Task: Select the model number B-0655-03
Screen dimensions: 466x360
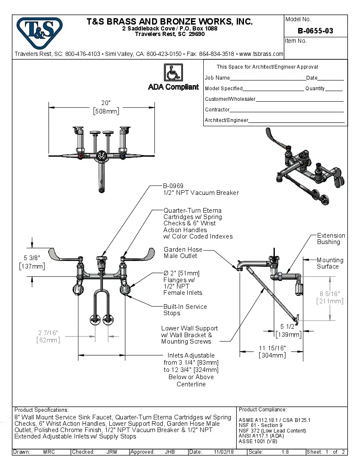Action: point(315,31)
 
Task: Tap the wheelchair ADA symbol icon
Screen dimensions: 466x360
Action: point(173,72)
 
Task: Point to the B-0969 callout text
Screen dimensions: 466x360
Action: point(173,186)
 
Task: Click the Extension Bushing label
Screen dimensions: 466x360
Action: point(331,239)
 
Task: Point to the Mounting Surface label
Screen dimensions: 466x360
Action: point(330,263)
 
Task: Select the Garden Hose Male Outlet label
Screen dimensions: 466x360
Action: point(183,252)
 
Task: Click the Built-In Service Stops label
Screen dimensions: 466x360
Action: point(185,310)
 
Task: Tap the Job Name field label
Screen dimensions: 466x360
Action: point(217,78)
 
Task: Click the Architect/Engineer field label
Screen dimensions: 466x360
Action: point(226,120)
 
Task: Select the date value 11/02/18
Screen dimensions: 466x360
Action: point(224,452)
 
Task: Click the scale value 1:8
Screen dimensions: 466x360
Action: point(285,452)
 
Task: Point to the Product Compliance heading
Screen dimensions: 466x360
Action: point(263,410)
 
